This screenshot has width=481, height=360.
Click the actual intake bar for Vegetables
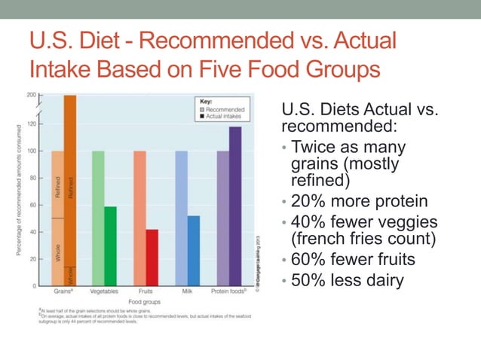click(x=110, y=246)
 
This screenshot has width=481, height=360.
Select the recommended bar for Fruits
click(x=139, y=218)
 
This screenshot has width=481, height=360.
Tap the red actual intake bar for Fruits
click(x=152, y=258)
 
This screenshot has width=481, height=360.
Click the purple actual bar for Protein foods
click(x=235, y=206)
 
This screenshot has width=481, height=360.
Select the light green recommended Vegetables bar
click(x=98, y=218)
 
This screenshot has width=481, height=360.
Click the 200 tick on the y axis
click(x=31, y=96)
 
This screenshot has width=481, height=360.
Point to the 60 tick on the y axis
click(x=32, y=205)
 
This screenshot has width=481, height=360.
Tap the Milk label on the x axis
click(x=187, y=291)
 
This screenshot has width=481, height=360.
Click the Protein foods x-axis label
click(x=229, y=291)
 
